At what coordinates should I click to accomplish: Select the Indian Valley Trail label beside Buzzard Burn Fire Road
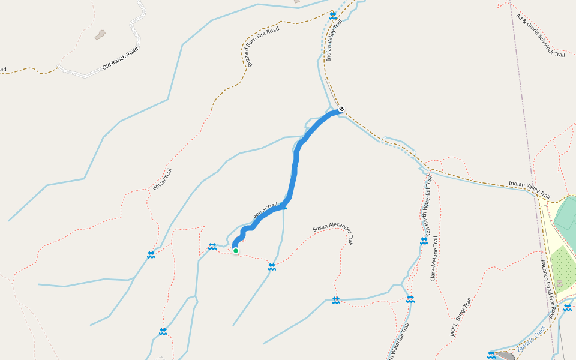[x=334, y=40]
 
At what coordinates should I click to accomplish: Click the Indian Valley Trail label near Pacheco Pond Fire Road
[x=529, y=190]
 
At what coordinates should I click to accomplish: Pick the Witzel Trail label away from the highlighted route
[x=162, y=179]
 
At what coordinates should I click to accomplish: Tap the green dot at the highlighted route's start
[x=236, y=251]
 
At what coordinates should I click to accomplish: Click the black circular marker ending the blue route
[x=341, y=109]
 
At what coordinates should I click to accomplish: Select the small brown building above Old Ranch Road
[x=100, y=35]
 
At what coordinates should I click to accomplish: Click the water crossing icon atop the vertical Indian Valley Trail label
[x=333, y=15]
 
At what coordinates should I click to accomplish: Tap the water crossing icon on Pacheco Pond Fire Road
[x=568, y=308]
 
